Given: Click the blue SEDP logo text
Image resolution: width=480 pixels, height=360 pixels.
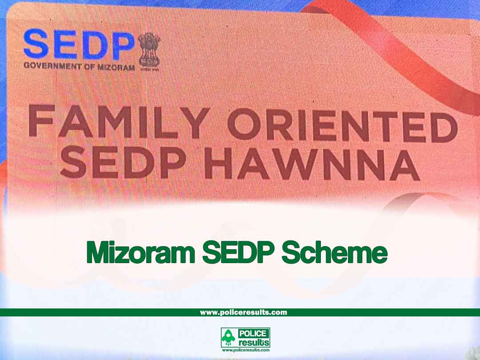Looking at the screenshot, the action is click(x=79, y=44).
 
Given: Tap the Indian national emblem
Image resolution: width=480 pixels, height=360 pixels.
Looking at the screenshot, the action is click(x=149, y=51).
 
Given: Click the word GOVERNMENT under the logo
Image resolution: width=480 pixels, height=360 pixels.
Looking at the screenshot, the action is click(x=52, y=66).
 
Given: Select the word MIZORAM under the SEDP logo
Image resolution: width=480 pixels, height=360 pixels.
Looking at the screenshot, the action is click(x=116, y=68).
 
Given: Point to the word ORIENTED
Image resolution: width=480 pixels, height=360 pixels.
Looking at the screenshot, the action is click(x=343, y=125).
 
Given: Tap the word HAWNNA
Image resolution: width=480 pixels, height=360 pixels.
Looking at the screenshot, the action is click(x=312, y=164).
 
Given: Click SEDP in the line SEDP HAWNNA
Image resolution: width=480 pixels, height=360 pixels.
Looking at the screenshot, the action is click(x=123, y=162).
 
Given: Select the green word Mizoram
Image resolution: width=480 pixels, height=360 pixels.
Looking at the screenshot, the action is click(x=141, y=252).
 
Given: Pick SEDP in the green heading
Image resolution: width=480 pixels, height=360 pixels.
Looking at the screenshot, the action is click(x=238, y=252).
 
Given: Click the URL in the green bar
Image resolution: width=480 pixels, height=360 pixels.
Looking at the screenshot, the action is click(x=244, y=312).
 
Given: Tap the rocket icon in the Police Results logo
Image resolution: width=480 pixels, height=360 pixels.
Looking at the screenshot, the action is click(x=228, y=338).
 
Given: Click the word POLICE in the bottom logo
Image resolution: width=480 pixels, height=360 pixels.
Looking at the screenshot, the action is click(x=253, y=333).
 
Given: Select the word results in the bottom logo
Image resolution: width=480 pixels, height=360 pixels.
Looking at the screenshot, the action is click(x=254, y=342).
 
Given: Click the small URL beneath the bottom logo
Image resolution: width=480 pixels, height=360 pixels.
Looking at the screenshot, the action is click(x=245, y=350).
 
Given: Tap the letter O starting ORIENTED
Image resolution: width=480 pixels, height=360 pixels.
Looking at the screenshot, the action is click(x=244, y=124).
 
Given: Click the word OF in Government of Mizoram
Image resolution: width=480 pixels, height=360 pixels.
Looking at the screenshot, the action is click(x=89, y=67).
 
